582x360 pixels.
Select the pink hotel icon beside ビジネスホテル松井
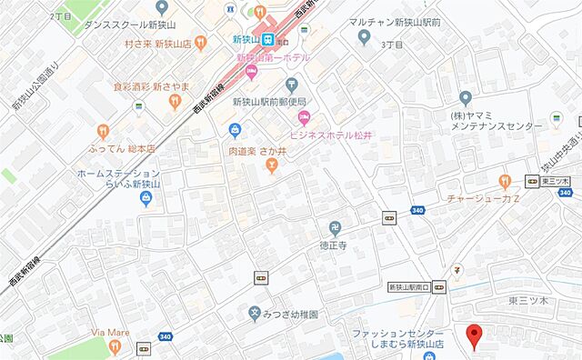(305, 116)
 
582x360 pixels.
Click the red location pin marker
(472, 334)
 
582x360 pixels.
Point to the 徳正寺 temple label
(335, 245)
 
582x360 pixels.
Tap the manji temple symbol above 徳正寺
(335, 227)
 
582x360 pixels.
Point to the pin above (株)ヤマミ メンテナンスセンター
(467, 97)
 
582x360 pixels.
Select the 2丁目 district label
(61, 16)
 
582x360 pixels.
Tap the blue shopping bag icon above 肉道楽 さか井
(235, 130)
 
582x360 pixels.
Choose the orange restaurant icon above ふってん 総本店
(103, 130)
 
